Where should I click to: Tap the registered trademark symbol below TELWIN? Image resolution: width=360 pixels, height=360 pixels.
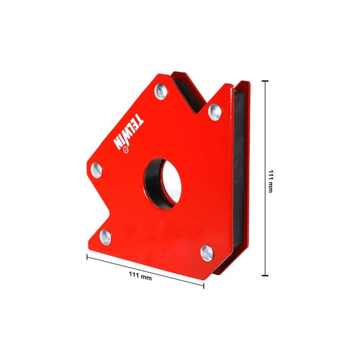click(126, 150)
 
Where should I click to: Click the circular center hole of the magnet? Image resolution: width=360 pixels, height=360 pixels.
click(163, 184)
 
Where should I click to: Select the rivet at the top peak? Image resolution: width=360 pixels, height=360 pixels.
click(161, 91)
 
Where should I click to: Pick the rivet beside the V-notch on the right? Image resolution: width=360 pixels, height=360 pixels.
click(215, 112)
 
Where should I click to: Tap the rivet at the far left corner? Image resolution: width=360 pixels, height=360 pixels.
click(97, 170)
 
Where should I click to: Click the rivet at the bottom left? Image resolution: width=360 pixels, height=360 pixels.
click(105, 237)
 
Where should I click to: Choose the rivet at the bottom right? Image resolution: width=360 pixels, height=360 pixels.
click(207, 253)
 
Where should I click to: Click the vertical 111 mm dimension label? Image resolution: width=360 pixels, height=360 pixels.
click(270, 181)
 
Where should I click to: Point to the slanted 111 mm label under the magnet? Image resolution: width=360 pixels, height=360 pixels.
click(140, 276)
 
